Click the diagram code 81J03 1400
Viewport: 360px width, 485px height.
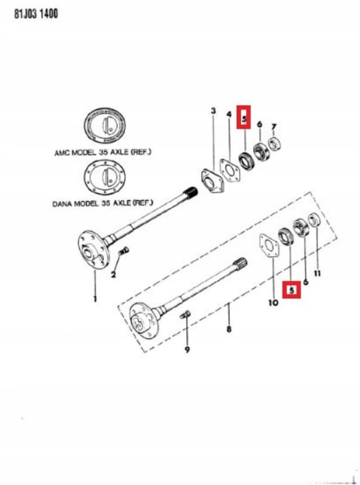coord(36,14)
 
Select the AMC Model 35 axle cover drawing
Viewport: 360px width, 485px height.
coord(105,126)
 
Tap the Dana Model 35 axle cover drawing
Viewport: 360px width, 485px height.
coord(105,178)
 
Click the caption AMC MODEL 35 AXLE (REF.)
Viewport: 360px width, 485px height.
coord(103,152)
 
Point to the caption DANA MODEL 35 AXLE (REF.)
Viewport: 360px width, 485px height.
coord(102,203)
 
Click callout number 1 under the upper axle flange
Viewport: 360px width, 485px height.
coord(95,299)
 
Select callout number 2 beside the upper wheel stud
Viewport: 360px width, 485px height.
coord(114,274)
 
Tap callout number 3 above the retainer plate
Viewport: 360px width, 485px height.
coord(213,111)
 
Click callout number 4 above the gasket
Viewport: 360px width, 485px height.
coord(229,115)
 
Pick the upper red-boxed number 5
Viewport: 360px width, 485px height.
coord(244,118)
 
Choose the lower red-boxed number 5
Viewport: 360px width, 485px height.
coord(291,290)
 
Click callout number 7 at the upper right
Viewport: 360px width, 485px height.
coord(273,127)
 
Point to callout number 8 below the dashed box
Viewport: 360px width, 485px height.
coord(229,329)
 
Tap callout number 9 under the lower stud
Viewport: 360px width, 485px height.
coord(187,350)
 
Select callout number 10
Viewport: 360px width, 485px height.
coord(273,302)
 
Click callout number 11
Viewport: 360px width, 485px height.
coord(317,274)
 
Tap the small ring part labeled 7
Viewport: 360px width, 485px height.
coord(274,144)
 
